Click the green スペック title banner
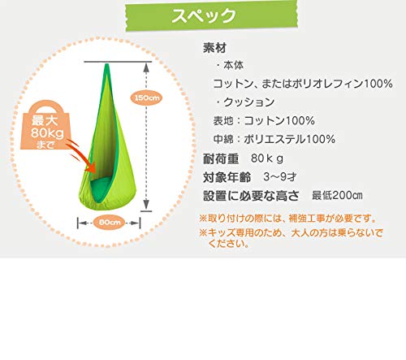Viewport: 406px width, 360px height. click(x=211, y=15)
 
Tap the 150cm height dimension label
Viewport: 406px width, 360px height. click(x=146, y=98)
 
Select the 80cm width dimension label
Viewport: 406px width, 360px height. click(x=109, y=223)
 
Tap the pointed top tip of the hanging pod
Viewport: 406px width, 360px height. click(x=107, y=64)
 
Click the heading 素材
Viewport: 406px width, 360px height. click(x=214, y=48)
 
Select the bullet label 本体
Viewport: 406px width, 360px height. click(x=233, y=65)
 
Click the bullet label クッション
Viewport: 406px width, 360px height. click(x=249, y=102)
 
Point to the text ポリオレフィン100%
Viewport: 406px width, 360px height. click(x=342, y=84)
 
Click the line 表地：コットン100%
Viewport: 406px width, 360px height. click(x=264, y=120)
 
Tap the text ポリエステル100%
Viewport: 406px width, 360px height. click(x=290, y=139)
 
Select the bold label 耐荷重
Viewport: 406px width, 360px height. click(x=221, y=158)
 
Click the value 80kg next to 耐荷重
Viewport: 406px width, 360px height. click(x=267, y=158)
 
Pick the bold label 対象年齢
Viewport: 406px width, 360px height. click(x=227, y=177)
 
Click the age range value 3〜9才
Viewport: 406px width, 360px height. click(x=280, y=177)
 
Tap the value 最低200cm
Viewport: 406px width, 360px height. click(x=337, y=195)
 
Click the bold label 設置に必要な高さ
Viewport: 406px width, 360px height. click(x=251, y=196)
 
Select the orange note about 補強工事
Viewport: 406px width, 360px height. click(x=287, y=219)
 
